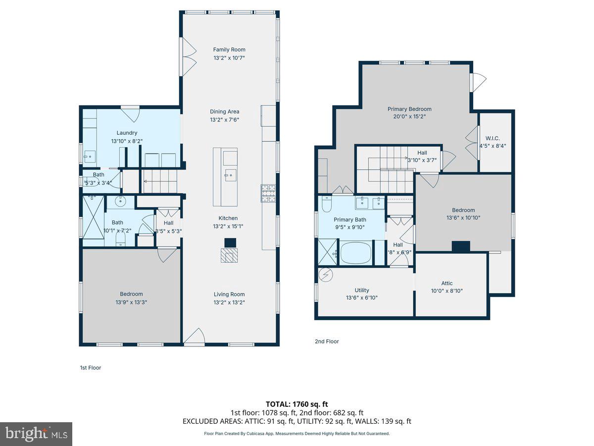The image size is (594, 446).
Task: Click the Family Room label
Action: tap(229, 50)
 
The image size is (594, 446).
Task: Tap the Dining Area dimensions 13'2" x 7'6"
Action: tap(224, 119)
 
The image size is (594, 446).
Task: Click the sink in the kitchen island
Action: tap(230, 174)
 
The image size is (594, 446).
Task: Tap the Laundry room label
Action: tap(127, 133)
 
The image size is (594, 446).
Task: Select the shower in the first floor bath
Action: tap(93, 221)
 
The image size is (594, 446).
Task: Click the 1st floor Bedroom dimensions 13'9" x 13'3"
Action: tap(131, 302)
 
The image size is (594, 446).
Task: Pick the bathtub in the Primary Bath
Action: tap(355, 253)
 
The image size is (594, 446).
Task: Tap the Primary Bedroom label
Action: tap(409, 109)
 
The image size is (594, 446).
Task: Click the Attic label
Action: tap(447, 283)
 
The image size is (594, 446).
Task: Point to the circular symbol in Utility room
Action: tap(327, 274)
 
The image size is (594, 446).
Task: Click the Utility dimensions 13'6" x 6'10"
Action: tap(361, 298)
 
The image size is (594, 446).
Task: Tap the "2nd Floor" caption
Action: tap(327, 341)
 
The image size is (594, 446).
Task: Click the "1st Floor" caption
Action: tap(91, 368)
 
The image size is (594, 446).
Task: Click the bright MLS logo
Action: tap(36, 434)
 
